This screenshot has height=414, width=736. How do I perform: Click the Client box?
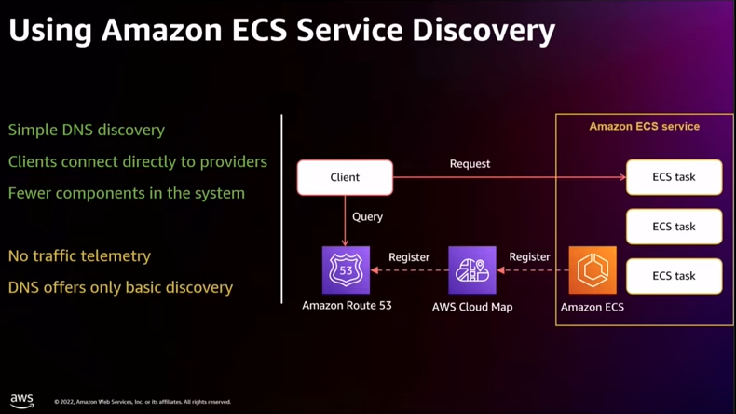click(x=345, y=178)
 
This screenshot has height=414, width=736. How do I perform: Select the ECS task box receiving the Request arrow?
click(x=674, y=177)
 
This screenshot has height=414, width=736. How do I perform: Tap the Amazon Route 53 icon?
click(x=346, y=270)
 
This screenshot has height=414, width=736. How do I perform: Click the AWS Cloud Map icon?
click(x=472, y=270)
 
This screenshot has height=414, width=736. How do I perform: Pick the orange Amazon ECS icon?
click(x=593, y=270)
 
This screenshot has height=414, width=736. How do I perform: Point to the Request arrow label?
click(x=470, y=164)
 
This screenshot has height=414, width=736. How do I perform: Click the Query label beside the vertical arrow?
click(x=367, y=217)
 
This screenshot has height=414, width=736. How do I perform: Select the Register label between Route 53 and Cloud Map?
click(x=409, y=257)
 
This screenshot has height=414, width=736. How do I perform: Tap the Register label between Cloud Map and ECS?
click(x=529, y=257)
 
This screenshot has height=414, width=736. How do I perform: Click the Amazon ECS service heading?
click(x=645, y=127)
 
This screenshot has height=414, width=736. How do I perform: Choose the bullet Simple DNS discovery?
click(x=87, y=131)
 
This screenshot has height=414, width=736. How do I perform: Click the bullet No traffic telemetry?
click(x=79, y=256)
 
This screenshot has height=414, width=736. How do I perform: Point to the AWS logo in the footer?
click(x=21, y=401)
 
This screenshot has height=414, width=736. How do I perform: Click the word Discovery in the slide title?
click(x=484, y=31)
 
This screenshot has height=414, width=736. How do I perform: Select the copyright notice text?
click(x=143, y=402)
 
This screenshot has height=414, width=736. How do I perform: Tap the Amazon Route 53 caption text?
click(x=347, y=306)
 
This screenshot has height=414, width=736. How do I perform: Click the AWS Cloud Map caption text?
click(x=472, y=307)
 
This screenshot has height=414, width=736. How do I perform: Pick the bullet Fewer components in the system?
click(x=127, y=193)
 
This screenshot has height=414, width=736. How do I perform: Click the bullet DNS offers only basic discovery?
click(x=120, y=287)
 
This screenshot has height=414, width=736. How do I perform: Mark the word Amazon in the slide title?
click(x=162, y=31)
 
